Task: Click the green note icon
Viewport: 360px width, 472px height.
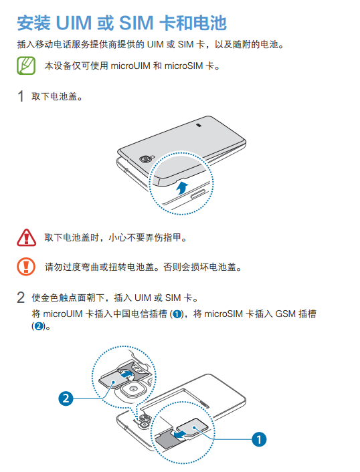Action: coord(26,66)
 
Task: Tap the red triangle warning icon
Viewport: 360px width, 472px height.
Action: coord(26,237)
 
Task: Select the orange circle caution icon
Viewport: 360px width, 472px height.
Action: coord(26,267)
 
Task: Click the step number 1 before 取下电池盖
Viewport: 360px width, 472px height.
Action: coord(21,96)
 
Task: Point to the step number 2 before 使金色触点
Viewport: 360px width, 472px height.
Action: coord(21,298)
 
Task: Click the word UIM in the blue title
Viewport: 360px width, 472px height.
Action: coord(74,23)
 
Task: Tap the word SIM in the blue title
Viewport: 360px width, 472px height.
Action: coord(137,23)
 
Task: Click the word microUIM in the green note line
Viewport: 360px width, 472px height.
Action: coord(130,66)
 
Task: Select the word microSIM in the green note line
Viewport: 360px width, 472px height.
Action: coord(183,66)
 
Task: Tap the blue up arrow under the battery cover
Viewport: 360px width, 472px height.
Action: coord(182,188)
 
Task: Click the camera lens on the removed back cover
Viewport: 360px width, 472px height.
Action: coord(145,158)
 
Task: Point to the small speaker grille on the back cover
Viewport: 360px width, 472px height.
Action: coord(199,124)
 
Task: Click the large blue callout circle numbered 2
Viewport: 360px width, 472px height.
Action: coord(66,398)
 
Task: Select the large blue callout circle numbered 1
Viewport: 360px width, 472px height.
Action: coord(259,439)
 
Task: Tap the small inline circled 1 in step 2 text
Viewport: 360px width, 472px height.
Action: coord(177,314)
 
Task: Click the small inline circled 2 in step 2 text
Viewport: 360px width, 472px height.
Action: coord(38,326)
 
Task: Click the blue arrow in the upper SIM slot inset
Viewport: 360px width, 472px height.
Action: coord(126,374)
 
